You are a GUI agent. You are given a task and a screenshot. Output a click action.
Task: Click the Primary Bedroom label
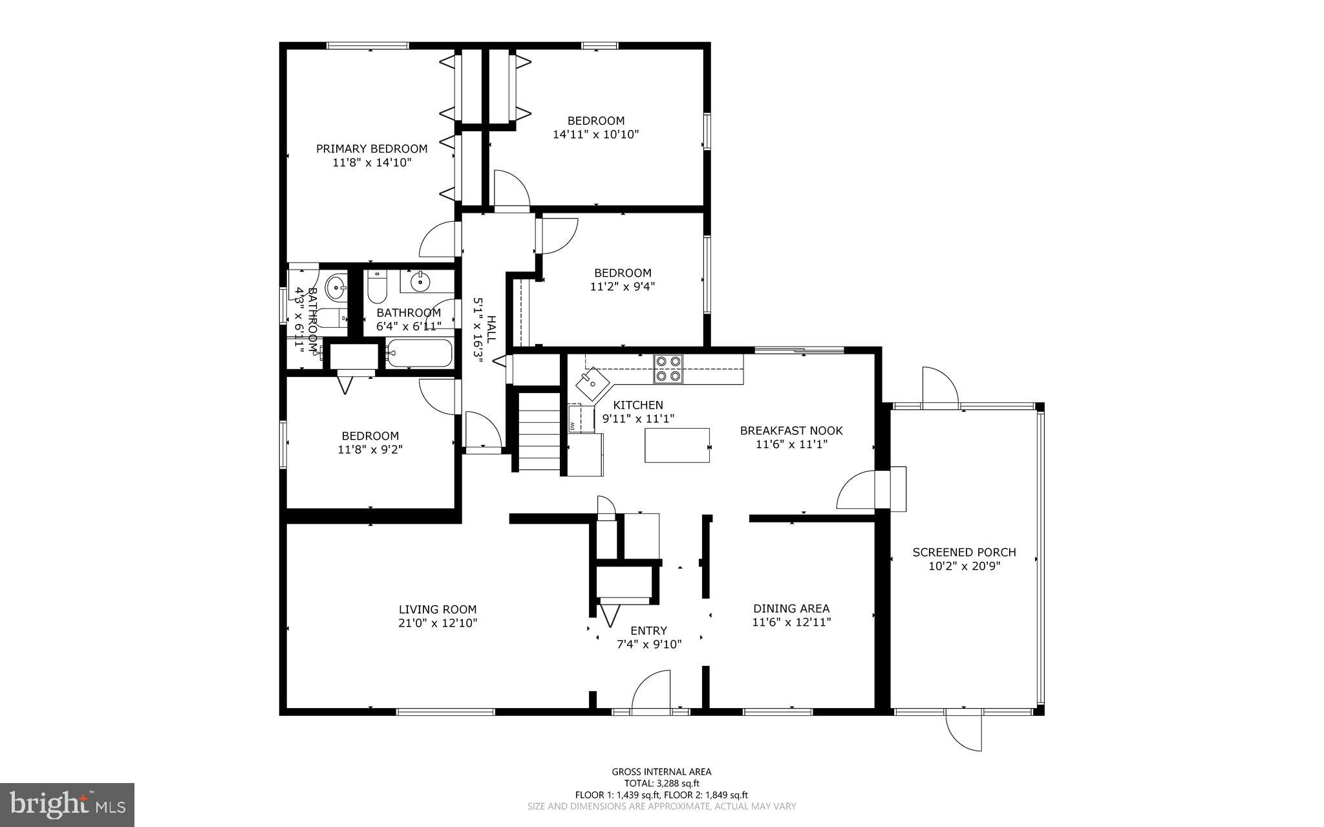pyautogui.click(x=372, y=149)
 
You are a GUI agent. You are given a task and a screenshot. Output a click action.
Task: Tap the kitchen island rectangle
pyautogui.click(x=676, y=446)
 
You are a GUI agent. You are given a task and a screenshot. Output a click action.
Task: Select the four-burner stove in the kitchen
pyautogui.click(x=668, y=369)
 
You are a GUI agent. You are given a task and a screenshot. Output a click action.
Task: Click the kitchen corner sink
pyautogui.click(x=592, y=384)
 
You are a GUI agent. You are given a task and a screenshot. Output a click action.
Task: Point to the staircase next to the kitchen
pyautogui.click(x=539, y=431)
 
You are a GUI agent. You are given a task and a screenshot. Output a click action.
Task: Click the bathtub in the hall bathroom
pyautogui.click(x=419, y=353)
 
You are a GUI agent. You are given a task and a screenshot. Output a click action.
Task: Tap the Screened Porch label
pyautogui.click(x=964, y=552)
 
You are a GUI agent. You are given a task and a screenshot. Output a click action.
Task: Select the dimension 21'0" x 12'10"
pyautogui.click(x=438, y=623)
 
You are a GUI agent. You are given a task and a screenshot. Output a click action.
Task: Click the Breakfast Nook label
pyautogui.click(x=791, y=431)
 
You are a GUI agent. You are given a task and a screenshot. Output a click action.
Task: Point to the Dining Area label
pyautogui.click(x=791, y=608)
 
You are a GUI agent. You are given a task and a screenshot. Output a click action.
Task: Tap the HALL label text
pyautogui.click(x=491, y=329)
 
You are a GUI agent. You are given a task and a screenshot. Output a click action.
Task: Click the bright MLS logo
pyautogui.click(x=67, y=804)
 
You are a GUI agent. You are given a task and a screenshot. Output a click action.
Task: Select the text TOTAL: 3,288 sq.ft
pyautogui.click(x=661, y=783)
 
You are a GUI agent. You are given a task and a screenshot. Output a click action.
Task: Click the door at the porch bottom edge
pyautogui.click(x=964, y=731)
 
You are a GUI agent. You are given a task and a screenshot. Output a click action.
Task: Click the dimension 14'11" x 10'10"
pyautogui.click(x=596, y=134)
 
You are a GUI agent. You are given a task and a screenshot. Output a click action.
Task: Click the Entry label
pyautogui.click(x=648, y=630)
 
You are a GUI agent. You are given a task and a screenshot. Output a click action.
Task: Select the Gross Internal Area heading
pyautogui.click(x=661, y=771)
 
